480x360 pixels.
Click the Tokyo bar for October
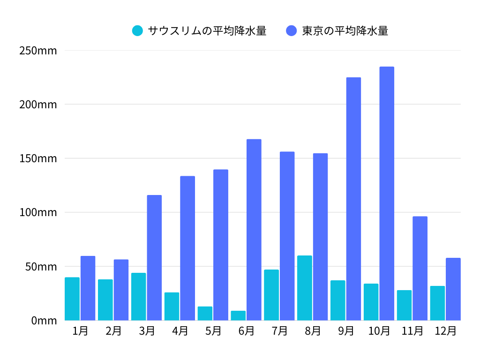point(387,194)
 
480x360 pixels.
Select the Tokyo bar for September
point(353,199)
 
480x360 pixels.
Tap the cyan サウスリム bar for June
point(238,315)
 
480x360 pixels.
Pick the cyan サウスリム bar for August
point(305,288)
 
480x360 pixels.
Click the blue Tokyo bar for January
point(88,288)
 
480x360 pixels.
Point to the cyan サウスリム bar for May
point(205,313)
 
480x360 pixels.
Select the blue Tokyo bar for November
point(420,268)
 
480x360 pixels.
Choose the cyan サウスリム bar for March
point(138,296)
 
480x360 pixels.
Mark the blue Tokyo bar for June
point(254,230)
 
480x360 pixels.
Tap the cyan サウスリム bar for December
point(437,303)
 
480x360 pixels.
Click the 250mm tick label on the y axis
point(38,51)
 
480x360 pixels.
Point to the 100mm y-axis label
point(38,212)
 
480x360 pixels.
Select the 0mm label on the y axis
point(44,321)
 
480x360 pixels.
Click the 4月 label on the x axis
point(180,331)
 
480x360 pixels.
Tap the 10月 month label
point(379,331)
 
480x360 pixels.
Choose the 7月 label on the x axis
point(279,331)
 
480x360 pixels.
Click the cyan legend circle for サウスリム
point(137,31)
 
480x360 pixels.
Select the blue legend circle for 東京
point(292,31)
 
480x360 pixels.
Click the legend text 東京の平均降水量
point(345,31)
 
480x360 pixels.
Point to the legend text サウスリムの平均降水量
point(207,31)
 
